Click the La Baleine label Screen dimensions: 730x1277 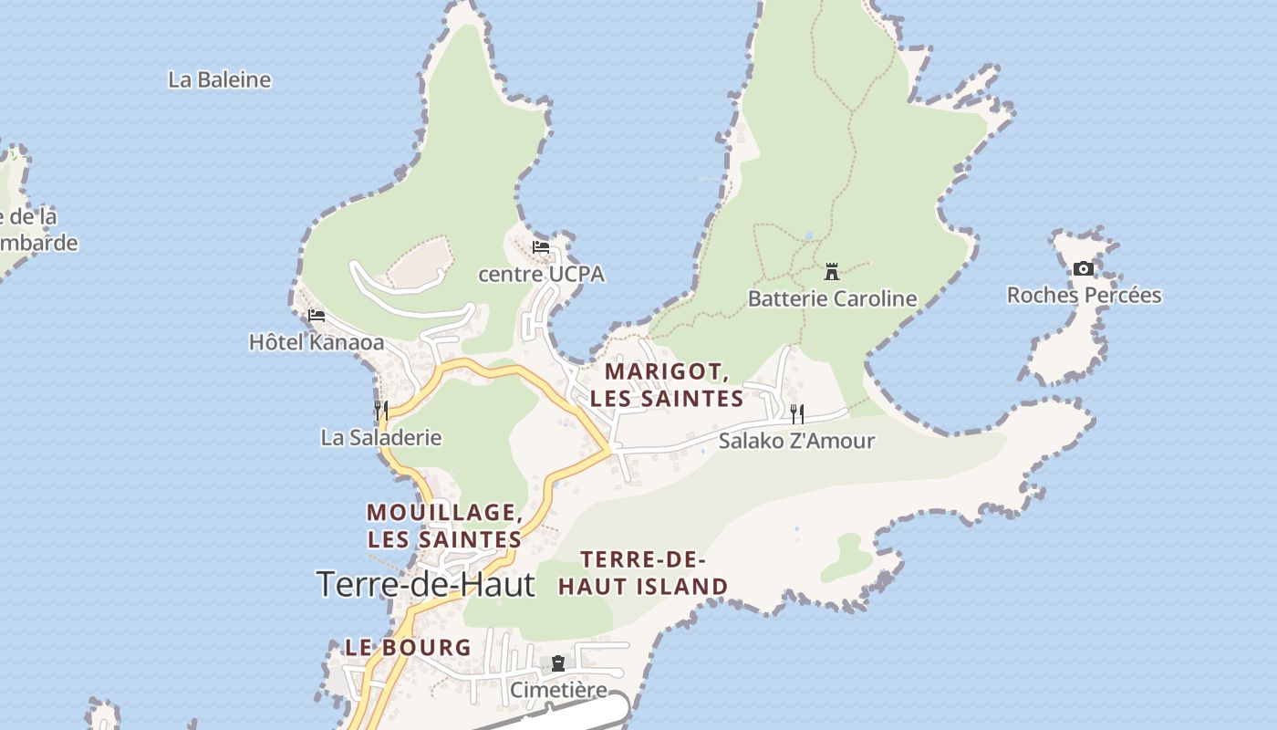[x=220, y=79]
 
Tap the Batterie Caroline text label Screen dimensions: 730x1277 [x=832, y=298]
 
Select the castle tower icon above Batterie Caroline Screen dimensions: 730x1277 [x=831, y=271]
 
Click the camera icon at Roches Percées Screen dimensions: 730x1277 [x=1084, y=268]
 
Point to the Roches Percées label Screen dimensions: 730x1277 [x=1084, y=295]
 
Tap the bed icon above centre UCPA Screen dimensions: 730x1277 [x=541, y=247]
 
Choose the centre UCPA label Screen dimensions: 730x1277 [x=541, y=274]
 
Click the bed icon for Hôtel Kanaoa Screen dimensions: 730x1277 [x=317, y=316]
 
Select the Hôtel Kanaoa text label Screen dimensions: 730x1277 [x=317, y=342]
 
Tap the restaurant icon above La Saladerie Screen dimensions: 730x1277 [x=381, y=410]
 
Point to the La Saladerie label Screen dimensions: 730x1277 [x=381, y=437]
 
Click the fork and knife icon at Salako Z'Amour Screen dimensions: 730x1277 [x=797, y=413]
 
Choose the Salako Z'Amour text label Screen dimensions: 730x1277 [x=796, y=441]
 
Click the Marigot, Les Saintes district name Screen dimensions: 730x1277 [x=667, y=385]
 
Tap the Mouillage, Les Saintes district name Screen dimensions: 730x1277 [x=444, y=526]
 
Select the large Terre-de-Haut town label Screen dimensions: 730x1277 [x=425, y=584]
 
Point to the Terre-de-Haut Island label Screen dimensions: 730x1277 [x=643, y=573]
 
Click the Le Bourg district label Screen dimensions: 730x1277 [x=408, y=648]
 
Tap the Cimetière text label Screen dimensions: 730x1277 [x=557, y=690]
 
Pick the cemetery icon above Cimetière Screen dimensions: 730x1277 [x=558, y=663]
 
